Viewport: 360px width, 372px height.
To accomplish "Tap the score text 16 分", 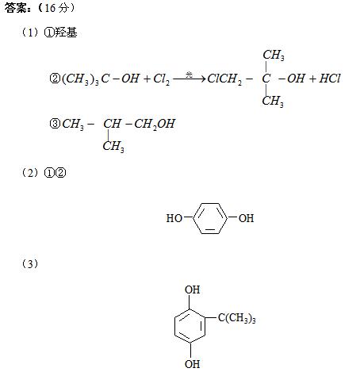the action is coord(56,8).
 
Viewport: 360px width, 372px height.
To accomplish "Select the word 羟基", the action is coord(66,33).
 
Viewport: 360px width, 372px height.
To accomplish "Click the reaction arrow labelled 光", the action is coord(190,79).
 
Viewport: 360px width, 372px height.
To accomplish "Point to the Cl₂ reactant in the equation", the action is coord(162,79).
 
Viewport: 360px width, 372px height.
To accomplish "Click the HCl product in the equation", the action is coord(330,79).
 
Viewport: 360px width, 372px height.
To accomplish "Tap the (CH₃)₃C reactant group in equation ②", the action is coord(86,79).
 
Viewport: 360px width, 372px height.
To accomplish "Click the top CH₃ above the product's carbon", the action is coord(274,56).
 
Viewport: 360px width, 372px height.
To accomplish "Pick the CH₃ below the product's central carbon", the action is coord(273,102).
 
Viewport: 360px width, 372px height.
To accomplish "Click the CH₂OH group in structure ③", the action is coord(155,124).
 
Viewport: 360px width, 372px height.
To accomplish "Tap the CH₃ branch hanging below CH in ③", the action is coord(113,146).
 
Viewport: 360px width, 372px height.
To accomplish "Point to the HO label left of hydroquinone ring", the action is coord(174,218).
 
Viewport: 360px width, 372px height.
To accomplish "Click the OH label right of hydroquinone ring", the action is coord(246,218).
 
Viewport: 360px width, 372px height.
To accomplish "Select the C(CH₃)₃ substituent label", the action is coord(237,318).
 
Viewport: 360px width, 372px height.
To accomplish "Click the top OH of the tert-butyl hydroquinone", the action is coord(192,290).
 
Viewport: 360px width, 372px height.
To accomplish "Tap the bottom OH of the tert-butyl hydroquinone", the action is coord(192,364).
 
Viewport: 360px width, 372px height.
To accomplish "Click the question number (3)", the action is coord(30,264).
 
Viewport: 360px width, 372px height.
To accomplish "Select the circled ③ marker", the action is coord(55,124).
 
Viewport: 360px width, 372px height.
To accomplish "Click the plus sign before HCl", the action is coord(312,79).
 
